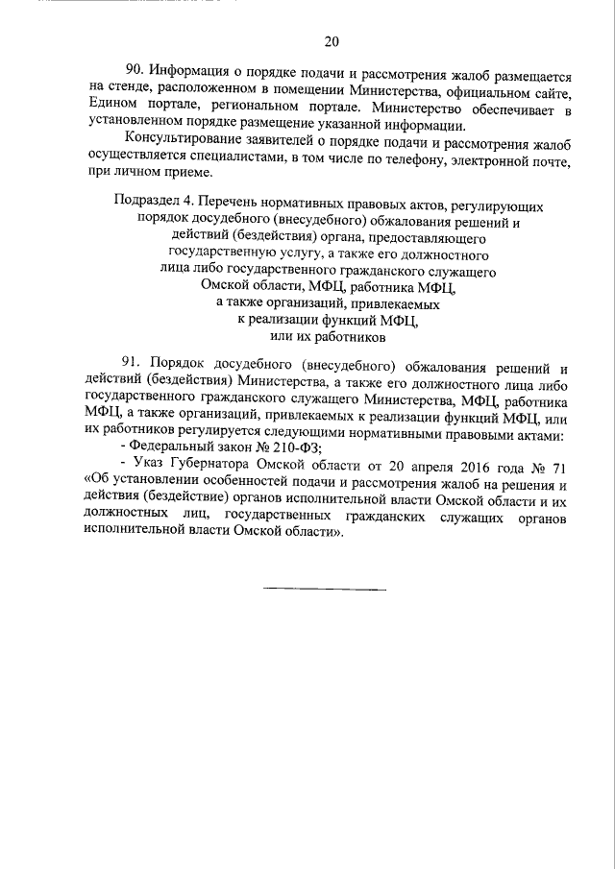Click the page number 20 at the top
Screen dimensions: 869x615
point(332,41)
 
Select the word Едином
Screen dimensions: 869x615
point(109,108)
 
